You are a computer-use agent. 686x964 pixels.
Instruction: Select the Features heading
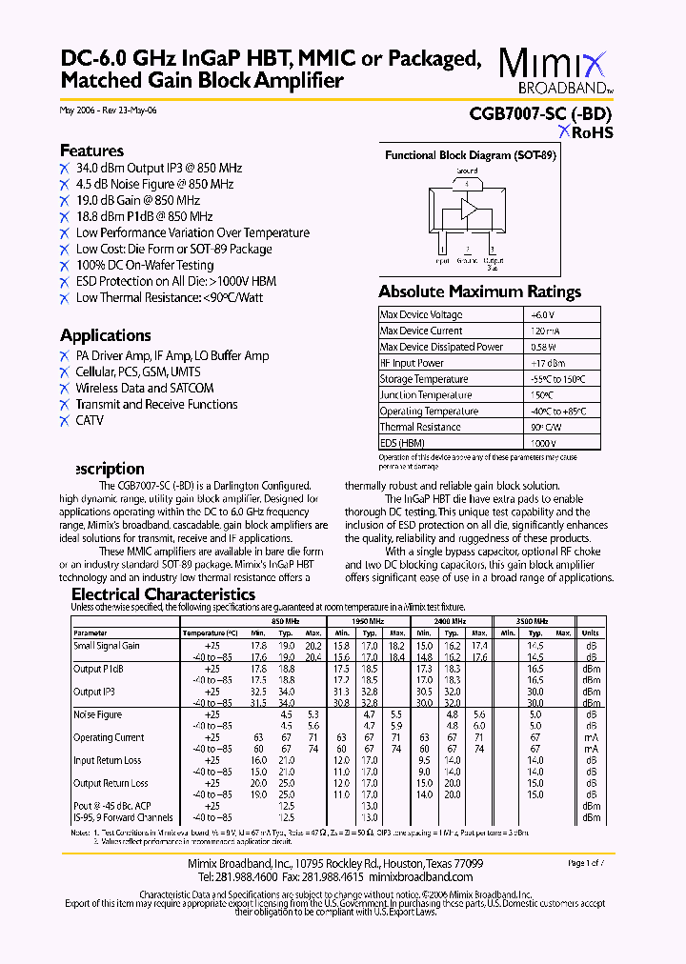pyautogui.click(x=91, y=151)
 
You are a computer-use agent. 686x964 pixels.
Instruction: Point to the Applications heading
pyautogui.click(x=105, y=335)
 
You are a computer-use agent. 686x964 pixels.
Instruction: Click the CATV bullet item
pyautogui.click(x=90, y=420)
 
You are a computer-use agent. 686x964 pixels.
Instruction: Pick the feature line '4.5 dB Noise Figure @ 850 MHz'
pyautogui.click(x=154, y=184)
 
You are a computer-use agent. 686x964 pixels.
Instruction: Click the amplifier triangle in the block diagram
pyautogui.click(x=469, y=210)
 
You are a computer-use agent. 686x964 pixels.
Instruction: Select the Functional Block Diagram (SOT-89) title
pyautogui.click(x=470, y=155)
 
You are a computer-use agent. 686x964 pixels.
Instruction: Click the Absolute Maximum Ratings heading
pyautogui.click(x=479, y=291)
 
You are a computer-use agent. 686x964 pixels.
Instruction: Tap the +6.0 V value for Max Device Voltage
pyautogui.click(x=541, y=314)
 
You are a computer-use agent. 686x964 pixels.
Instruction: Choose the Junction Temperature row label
pyautogui.click(x=425, y=395)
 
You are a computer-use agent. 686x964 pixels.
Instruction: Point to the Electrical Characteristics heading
pyautogui.click(x=164, y=594)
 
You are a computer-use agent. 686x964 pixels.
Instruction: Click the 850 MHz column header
pyautogui.click(x=285, y=621)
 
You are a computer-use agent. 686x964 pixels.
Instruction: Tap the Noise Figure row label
pyautogui.click(x=98, y=714)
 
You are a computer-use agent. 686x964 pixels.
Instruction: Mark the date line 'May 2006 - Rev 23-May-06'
pyautogui.click(x=108, y=110)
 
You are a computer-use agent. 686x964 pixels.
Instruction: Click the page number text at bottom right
pyautogui.click(x=586, y=863)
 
